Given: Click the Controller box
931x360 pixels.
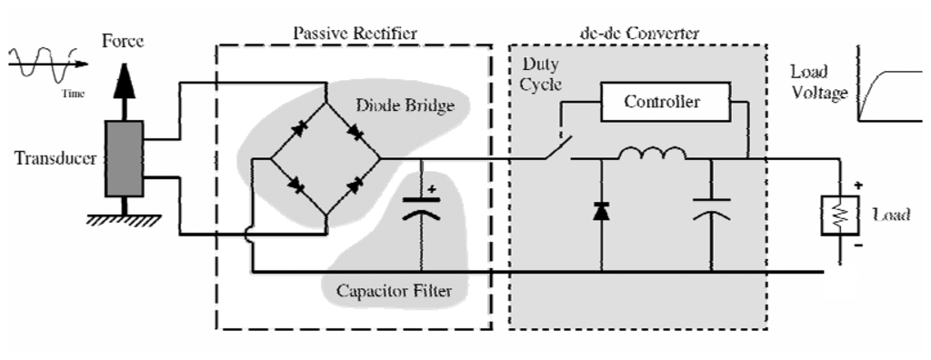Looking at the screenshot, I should pyautogui.click(x=661, y=103).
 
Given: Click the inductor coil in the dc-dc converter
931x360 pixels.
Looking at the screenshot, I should pyautogui.click(x=654, y=155).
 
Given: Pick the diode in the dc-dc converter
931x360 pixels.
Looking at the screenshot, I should pyautogui.click(x=601, y=212).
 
